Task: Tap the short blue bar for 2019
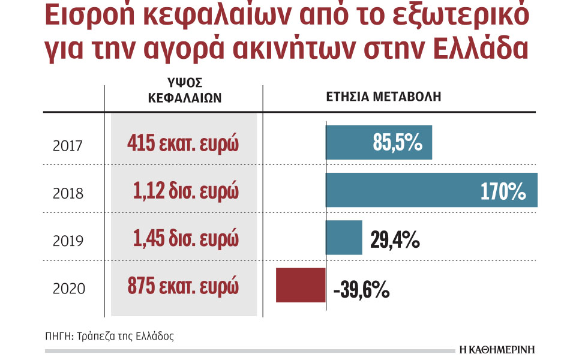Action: click(344, 238)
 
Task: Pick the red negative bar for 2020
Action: click(301, 286)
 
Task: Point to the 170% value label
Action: click(503, 192)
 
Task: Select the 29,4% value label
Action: click(394, 241)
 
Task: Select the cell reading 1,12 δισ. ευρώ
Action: click(187, 192)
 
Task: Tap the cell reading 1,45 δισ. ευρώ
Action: click(187, 239)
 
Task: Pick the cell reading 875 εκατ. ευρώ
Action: click(183, 287)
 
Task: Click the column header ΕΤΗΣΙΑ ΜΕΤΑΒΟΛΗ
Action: click(383, 97)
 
